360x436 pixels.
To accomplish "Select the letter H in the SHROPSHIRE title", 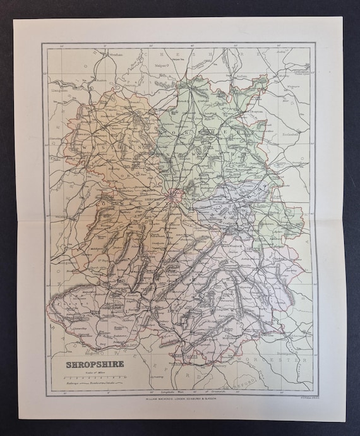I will (x=72, y=364).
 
